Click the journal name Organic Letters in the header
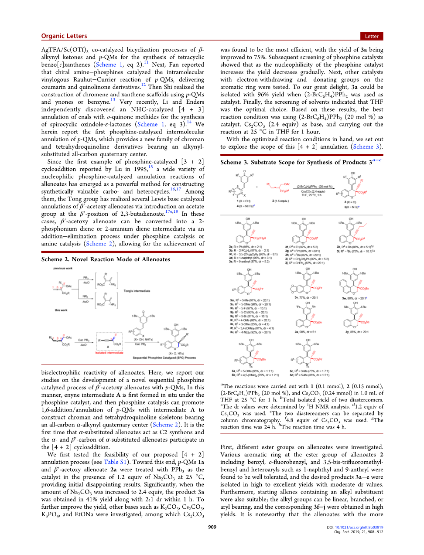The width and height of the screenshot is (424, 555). pos(64,36)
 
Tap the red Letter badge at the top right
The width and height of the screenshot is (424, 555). pos(372,36)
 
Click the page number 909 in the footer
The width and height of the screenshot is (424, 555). pos(212,527)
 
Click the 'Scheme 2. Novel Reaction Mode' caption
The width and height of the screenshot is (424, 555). pos(106,259)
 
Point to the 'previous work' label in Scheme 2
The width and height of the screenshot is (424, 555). pos(63,269)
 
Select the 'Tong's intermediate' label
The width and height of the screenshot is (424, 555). pos(137,291)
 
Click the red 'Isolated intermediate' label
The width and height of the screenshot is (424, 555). pos(109,353)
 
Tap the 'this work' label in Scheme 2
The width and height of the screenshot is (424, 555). pos(61,310)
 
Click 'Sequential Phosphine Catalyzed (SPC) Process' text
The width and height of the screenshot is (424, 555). pos(164,358)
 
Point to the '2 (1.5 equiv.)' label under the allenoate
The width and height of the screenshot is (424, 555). pos(280,201)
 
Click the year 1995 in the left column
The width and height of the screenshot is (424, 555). pos(140,169)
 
